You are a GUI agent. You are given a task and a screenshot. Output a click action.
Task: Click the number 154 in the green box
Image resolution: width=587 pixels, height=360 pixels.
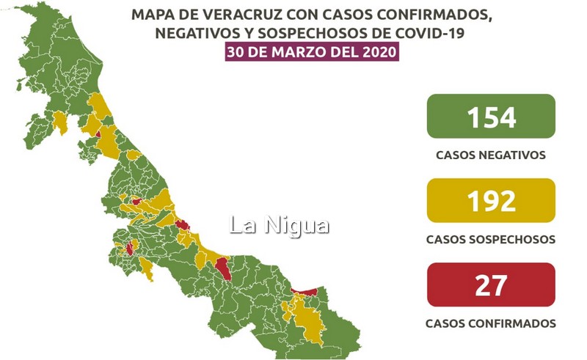[490, 117]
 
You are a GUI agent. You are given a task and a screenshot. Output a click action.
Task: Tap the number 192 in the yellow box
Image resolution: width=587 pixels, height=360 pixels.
[490, 201]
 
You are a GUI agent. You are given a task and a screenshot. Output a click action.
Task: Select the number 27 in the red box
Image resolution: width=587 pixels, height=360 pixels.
[490, 284]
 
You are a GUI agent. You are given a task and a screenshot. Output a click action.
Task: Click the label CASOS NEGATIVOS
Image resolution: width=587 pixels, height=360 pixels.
[490, 155]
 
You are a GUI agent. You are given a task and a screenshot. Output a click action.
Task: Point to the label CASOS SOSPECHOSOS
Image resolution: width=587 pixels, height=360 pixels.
[490, 240]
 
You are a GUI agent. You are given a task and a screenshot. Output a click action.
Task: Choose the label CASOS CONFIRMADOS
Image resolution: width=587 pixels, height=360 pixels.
[490, 323]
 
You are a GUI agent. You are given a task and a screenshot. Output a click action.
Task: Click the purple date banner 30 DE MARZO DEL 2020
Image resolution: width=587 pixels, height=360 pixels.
[313, 52]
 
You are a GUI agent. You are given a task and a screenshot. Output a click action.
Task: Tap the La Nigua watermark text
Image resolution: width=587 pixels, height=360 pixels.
[279, 225]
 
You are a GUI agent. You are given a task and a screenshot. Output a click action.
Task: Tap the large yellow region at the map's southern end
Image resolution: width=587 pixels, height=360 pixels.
[305, 319]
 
